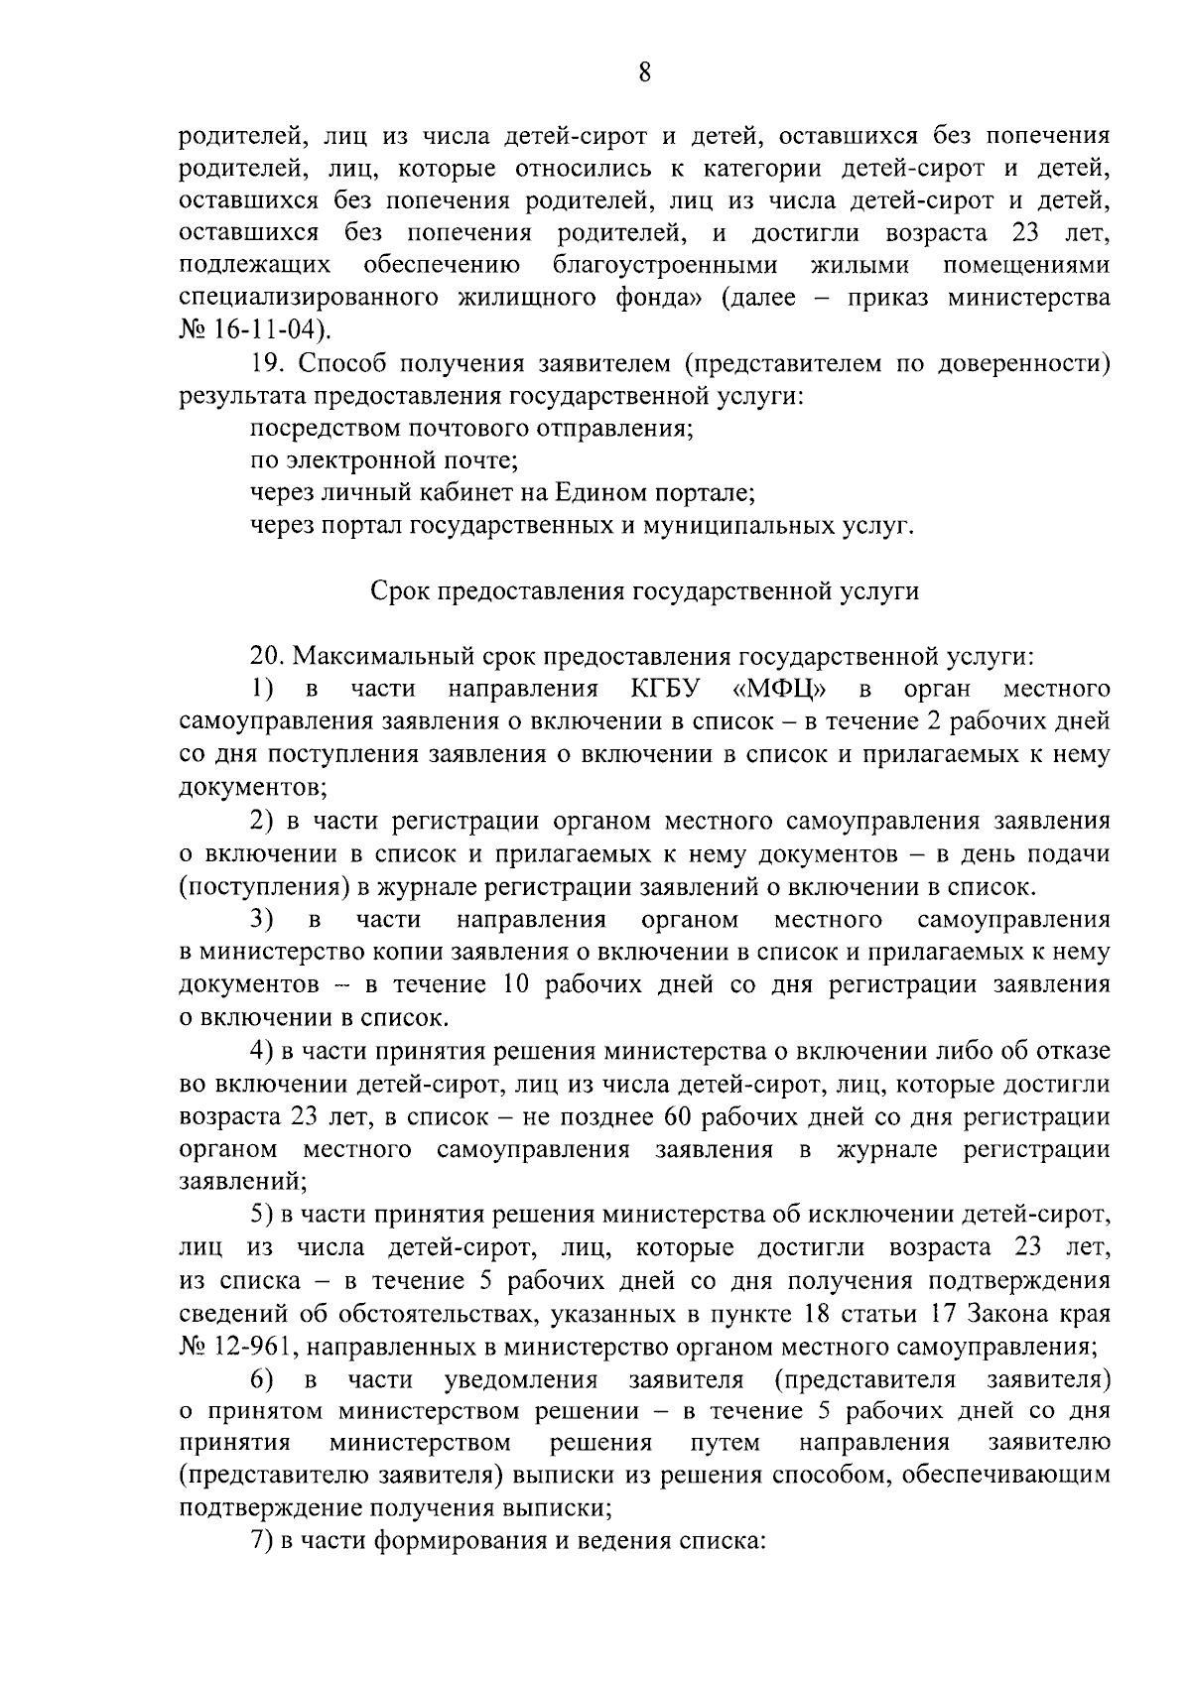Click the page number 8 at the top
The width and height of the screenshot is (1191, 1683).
[644, 72]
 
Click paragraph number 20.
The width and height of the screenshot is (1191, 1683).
[265, 657]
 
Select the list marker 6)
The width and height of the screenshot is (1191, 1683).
[262, 1379]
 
